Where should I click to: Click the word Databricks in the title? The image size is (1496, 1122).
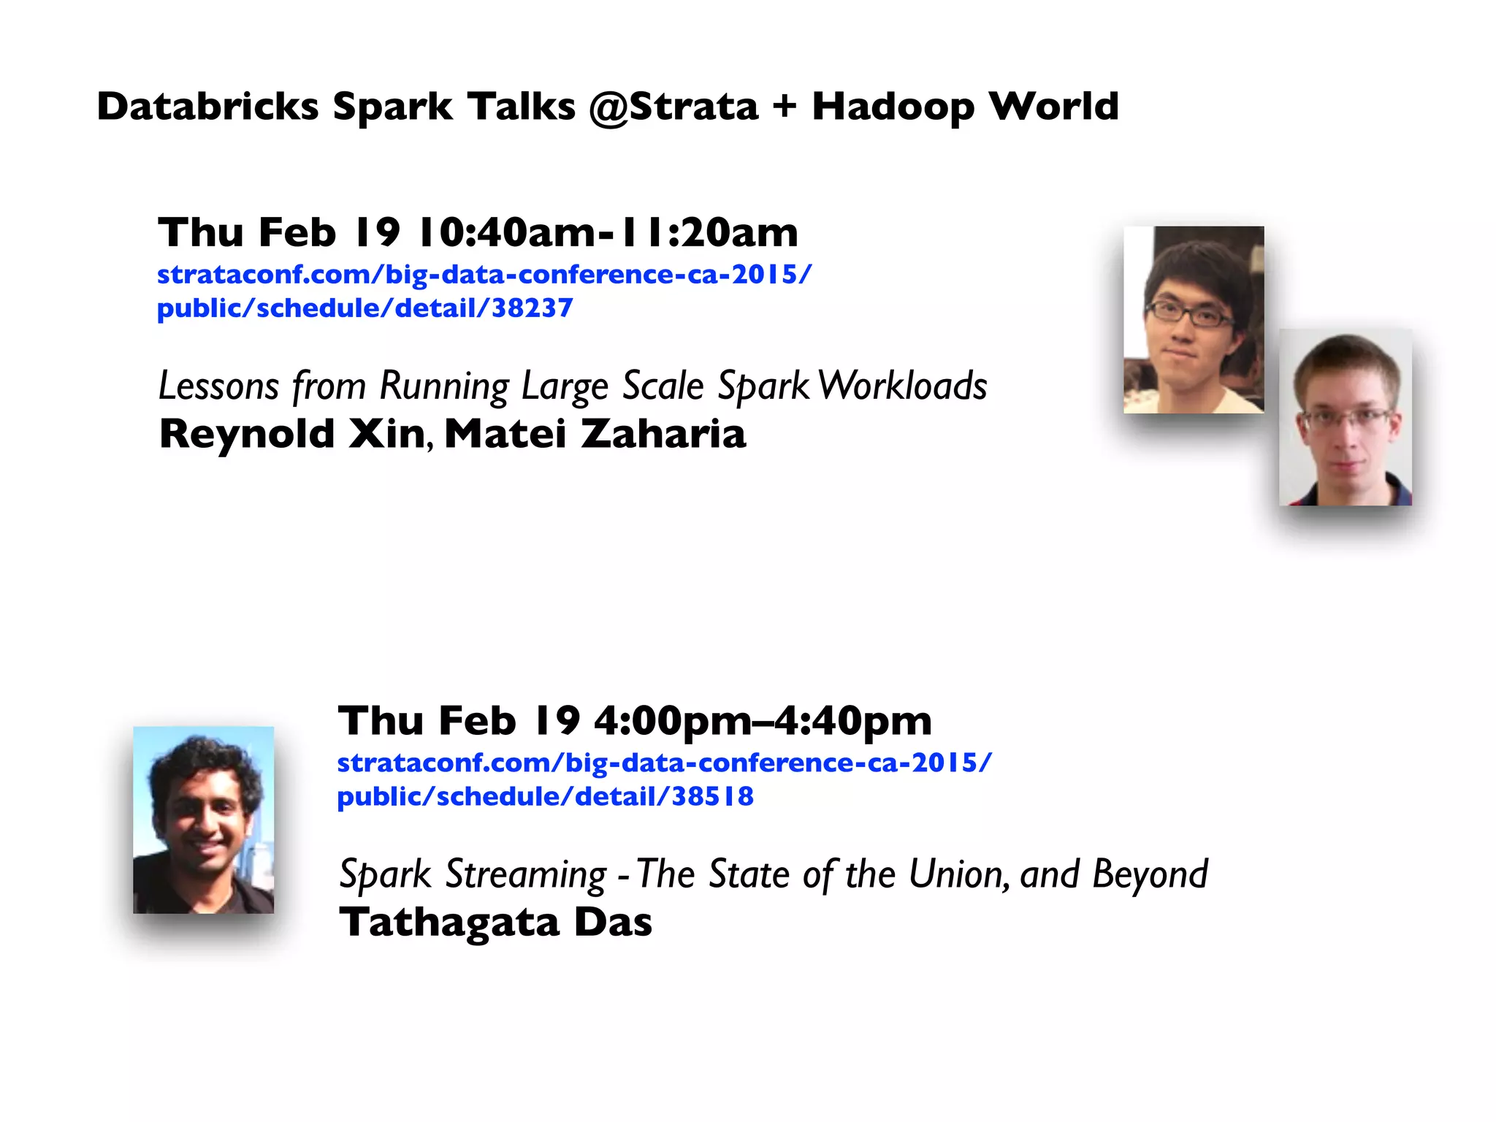coord(207,107)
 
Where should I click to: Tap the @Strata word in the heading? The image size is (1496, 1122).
coord(673,107)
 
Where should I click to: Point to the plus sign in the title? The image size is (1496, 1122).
coord(785,107)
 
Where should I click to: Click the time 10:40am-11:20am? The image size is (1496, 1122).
coord(608,232)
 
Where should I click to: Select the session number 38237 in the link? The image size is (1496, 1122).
coord(532,308)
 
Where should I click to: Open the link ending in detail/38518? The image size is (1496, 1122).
coord(545,796)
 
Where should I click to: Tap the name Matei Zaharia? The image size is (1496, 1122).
coord(595,434)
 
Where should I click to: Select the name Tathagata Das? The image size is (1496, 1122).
coord(495,922)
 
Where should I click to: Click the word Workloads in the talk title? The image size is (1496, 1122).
coord(903,386)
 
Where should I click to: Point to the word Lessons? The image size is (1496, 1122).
coord(219,386)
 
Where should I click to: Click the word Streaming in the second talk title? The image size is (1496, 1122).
coord(526,874)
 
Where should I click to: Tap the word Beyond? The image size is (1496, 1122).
coord(1150,875)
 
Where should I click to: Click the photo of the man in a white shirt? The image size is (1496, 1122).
coord(1194,319)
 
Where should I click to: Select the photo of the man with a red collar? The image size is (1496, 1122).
coord(1345,417)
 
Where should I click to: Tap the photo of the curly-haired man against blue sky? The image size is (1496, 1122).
coord(203,820)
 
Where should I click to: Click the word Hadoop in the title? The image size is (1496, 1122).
coord(893,107)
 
